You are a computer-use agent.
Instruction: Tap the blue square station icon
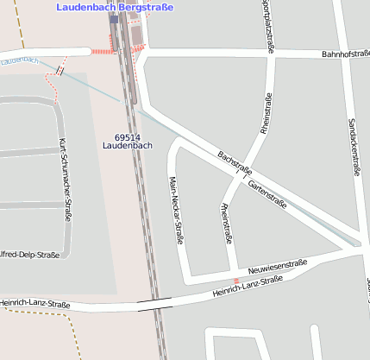tap(114, 19)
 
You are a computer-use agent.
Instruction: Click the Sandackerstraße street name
tap(352, 147)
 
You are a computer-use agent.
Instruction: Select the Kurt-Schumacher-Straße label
tap(64, 178)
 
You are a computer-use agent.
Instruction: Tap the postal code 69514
tap(127, 136)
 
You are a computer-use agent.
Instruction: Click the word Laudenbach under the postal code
tap(127, 146)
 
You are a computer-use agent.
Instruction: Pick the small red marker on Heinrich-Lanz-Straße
tap(236, 281)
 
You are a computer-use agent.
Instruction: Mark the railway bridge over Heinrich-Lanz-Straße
tap(154, 302)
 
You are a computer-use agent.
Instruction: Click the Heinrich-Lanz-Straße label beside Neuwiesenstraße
tap(248, 287)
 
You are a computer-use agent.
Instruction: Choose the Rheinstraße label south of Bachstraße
tap(227, 224)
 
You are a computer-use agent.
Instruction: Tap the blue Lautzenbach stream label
tap(19, 60)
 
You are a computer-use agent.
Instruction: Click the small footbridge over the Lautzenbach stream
tap(59, 69)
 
